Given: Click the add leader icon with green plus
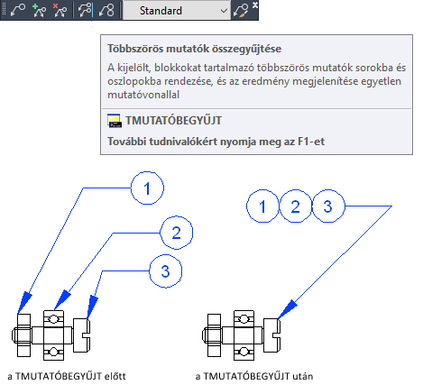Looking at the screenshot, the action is point(39,10).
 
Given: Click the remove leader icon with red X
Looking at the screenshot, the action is point(60,10).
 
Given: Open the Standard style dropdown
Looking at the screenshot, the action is point(177,11).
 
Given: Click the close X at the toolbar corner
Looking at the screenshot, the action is point(255,5).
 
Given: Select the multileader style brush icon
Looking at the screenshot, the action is point(241,11).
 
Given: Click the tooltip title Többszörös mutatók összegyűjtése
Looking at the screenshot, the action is point(195,49).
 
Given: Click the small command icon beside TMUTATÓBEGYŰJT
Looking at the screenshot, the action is point(115,121).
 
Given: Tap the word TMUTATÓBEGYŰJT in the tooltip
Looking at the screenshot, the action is point(173,121).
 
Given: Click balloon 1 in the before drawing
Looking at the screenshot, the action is point(147,188).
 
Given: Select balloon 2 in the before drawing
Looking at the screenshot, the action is point(176,233).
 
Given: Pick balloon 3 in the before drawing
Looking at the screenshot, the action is point(166,271).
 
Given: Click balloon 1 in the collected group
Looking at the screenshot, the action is point(262,206).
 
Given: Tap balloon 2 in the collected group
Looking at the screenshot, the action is point(296,206).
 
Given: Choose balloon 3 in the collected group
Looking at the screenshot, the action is point(328,206).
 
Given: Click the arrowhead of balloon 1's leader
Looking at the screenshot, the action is point(24,303).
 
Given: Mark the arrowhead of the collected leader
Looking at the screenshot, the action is point(287,309).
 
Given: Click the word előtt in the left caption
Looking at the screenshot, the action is point(115,376).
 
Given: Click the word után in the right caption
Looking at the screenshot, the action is point(303,376).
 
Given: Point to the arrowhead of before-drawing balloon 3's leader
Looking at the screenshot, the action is point(92,307).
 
